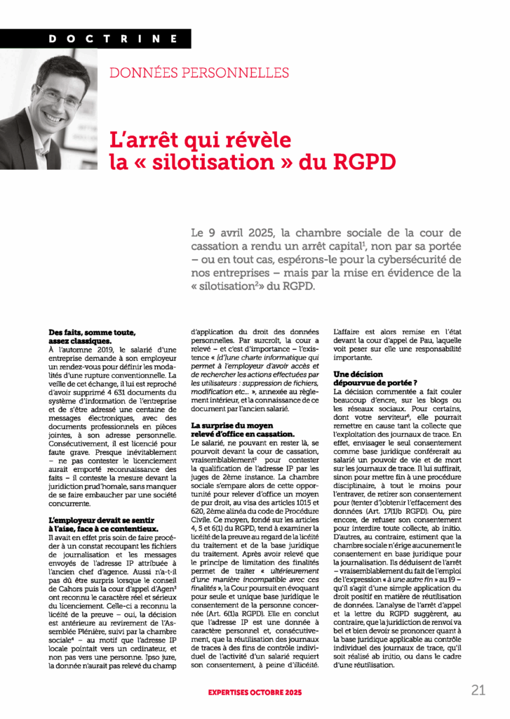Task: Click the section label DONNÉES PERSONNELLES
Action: pos(199,72)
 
